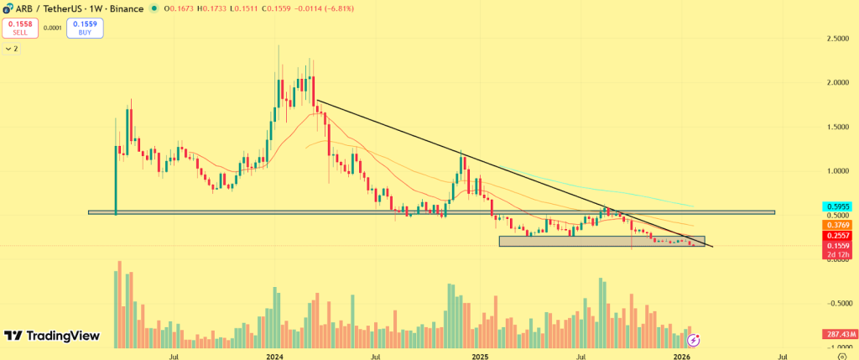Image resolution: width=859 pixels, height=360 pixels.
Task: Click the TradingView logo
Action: [x=53, y=337]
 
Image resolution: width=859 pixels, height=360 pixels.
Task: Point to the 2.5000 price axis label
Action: [x=834, y=39]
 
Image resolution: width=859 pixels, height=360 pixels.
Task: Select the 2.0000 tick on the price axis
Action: [x=834, y=83]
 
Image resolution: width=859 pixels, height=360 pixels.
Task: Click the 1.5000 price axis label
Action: [x=834, y=127]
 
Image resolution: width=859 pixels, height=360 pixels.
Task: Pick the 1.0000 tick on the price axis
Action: [x=834, y=170]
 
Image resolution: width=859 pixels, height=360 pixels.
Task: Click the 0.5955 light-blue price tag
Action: [x=841, y=205]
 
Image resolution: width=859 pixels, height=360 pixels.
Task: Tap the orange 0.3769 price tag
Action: [x=841, y=225]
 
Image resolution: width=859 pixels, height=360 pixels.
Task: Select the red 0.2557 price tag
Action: [x=841, y=237]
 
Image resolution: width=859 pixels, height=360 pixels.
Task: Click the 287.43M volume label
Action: [x=840, y=334]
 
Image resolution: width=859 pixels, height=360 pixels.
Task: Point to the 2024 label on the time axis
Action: [x=274, y=356]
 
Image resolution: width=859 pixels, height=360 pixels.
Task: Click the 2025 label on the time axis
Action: [x=479, y=356]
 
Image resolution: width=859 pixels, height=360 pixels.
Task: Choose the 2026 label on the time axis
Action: [x=683, y=356]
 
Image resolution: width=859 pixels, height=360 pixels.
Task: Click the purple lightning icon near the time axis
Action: [x=694, y=340]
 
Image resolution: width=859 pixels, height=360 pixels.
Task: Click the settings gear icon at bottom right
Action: [x=841, y=356]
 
